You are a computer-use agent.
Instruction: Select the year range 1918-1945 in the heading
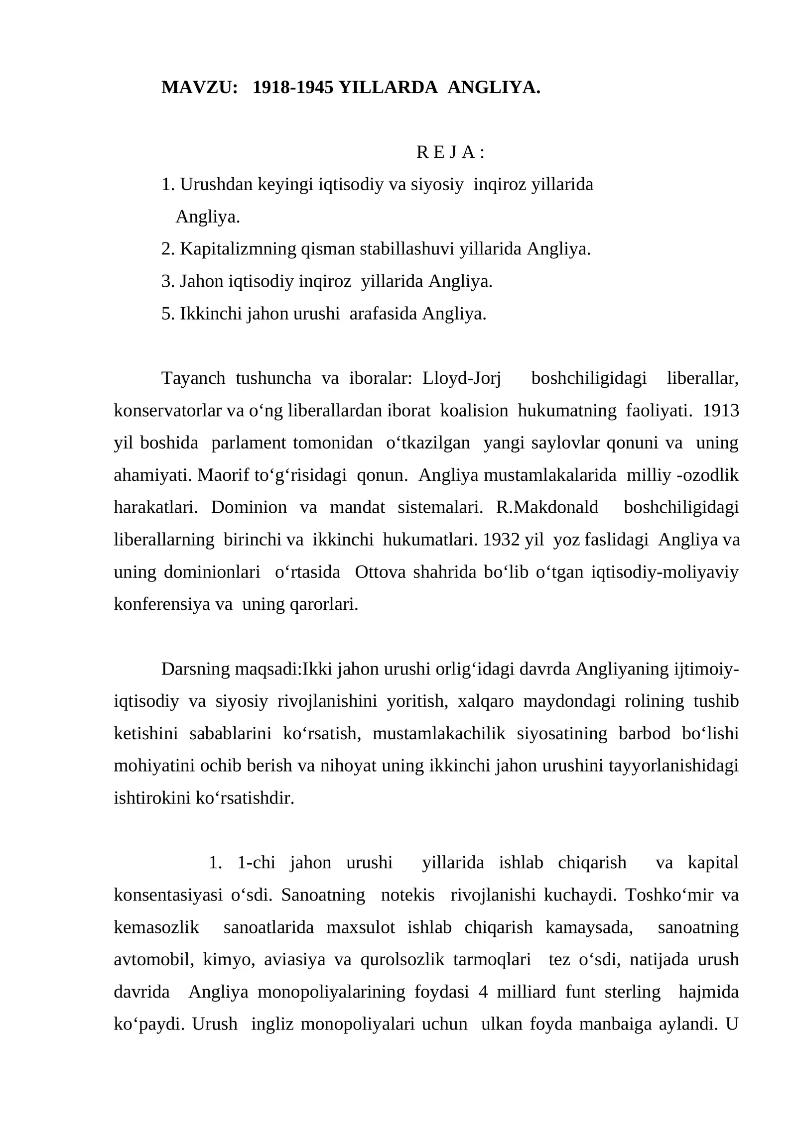(293, 88)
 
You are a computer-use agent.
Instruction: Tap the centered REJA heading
(450, 152)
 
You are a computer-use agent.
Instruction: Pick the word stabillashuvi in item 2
(407, 249)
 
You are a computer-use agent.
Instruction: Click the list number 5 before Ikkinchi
(166, 314)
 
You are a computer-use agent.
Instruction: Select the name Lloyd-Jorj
(461, 378)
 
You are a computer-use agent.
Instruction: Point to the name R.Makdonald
(547, 507)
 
